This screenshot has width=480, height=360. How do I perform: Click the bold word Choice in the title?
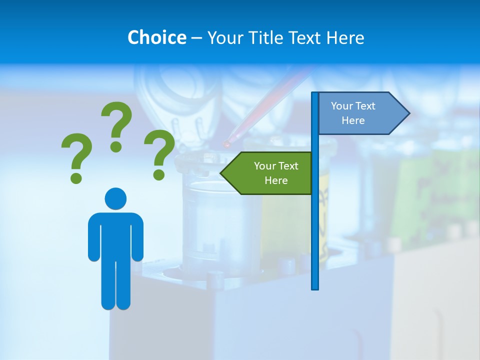156,37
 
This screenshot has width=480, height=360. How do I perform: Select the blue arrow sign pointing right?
360,113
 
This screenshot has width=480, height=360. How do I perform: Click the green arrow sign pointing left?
270,173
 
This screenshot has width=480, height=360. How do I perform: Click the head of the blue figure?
115,198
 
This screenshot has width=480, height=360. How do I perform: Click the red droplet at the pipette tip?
227,144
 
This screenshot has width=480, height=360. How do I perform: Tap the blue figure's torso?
115,235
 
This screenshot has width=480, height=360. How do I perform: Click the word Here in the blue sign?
353,120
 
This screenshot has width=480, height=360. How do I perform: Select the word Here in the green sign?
276,180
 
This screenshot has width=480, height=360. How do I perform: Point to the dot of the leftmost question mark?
76,177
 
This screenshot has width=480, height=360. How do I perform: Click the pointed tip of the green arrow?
222,173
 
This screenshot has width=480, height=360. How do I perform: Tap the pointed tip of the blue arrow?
408,113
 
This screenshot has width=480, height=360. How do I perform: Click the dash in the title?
196,38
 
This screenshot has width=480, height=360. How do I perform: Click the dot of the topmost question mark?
116,146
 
